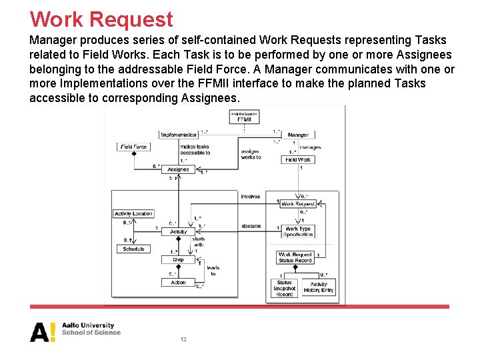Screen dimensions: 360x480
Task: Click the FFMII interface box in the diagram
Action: coord(244,117)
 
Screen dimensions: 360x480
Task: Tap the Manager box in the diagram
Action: coord(298,135)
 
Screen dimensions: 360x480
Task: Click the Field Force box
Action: coord(133,147)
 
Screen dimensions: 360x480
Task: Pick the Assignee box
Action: coord(178,169)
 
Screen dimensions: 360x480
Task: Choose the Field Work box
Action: coord(298,160)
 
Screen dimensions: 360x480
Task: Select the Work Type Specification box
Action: coord(298,231)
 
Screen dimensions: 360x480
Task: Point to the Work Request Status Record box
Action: coord(295,257)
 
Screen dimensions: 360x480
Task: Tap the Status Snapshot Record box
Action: coord(285,288)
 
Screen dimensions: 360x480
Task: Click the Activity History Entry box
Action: coord(319,287)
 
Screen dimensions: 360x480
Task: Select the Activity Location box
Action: coord(133,214)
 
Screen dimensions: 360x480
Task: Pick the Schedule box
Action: coord(133,249)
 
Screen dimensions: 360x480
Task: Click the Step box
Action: coord(178,260)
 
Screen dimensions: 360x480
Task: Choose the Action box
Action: coord(178,283)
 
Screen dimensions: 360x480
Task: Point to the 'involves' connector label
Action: coord(251,197)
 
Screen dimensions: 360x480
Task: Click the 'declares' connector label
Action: coord(251,226)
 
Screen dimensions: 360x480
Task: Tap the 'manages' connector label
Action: coord(310,147)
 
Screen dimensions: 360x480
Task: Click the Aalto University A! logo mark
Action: coord(43,331)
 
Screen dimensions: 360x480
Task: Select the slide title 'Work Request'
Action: coord(101,19)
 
